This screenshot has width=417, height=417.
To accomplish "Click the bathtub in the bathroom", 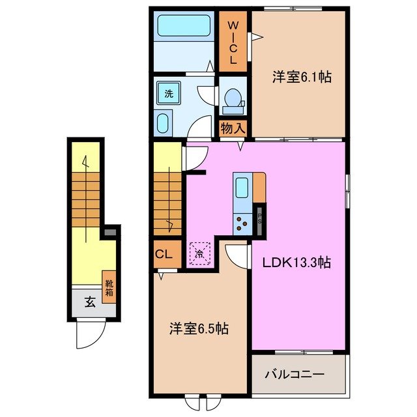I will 183,28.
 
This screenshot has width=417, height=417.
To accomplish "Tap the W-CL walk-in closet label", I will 232,41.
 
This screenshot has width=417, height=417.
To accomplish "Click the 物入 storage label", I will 233,128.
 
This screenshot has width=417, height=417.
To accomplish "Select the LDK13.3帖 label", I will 296,263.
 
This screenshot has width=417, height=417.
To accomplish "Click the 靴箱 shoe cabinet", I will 109,284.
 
